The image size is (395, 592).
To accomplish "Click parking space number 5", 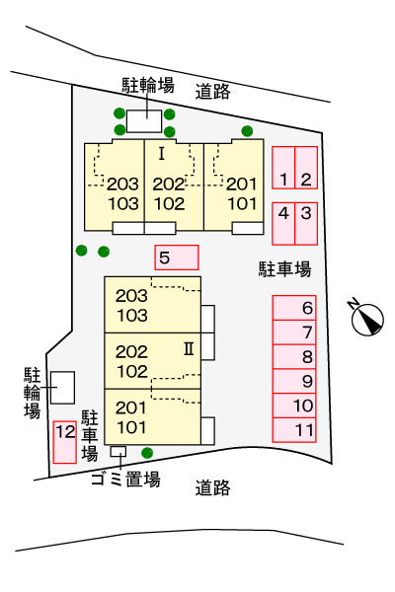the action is coord(177,258).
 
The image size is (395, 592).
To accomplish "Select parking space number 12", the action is coord(65,442).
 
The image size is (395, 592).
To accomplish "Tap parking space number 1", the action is coord(283,168).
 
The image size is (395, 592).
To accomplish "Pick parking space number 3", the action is coord(306,224).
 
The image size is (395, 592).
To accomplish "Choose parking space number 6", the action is coord(294,308).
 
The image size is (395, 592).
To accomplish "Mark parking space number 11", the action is coord(294,430).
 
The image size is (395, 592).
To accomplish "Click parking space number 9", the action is coord(294,381).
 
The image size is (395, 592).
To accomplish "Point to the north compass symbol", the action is coord(367,318).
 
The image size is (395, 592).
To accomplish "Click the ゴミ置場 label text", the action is coord(125,480).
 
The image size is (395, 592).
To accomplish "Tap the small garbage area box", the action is coord(118,451).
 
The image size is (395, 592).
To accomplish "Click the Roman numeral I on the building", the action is coord(161,154).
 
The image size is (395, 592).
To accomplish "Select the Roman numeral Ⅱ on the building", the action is coord(189,349).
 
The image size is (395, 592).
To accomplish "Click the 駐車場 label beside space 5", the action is coord(284,269).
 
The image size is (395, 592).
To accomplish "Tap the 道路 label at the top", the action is coord(213,92).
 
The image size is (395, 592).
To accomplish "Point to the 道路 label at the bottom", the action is coord(213,487).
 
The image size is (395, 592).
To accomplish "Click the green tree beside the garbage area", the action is coord(147,452).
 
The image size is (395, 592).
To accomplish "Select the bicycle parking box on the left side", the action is coord(63,388).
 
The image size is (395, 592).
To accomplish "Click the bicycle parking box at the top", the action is coord(144,121).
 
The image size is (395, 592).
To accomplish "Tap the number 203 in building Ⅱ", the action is coord(131,296).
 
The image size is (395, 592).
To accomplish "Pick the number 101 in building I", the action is coord(242,204).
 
